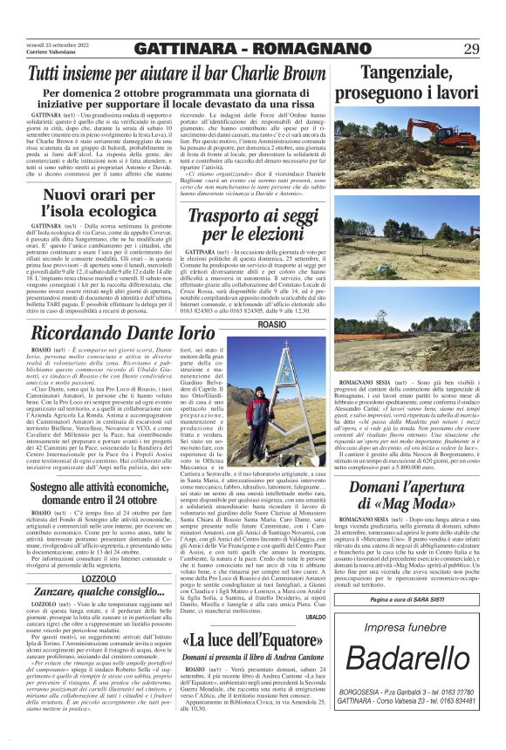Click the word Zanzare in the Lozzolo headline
coord(64,567)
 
